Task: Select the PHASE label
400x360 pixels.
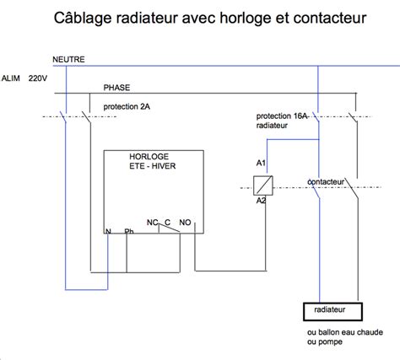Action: tap(117, 88)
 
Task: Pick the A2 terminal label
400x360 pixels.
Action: tap(261, 200)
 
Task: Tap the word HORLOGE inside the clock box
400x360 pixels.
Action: tap(149, 158)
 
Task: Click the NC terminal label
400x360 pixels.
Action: tap(153, 223)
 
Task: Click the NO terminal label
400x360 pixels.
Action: tap(185, 223)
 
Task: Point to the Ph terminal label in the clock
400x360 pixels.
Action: tap(128, 231)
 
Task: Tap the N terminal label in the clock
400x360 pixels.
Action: tap(109, 231)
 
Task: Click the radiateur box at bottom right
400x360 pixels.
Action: tap(332, 310)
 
